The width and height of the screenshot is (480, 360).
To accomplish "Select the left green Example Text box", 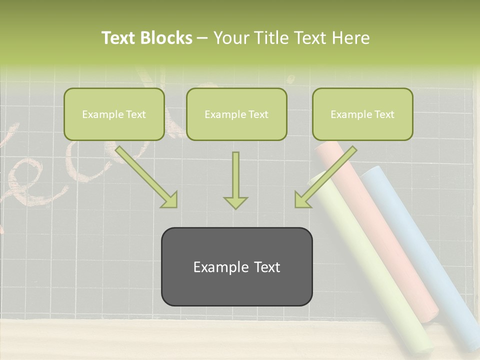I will click(114, 114).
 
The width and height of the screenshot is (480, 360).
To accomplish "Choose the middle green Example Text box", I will click(236, 114).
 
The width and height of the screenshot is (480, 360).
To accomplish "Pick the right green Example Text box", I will click(362, 114).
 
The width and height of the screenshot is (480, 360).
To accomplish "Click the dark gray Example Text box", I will click(236, 266).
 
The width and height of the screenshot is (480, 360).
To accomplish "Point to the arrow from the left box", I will click(146, 176).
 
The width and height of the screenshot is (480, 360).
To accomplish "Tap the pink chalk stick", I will click(380, 230).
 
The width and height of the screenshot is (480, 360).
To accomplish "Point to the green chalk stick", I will click(370, 270).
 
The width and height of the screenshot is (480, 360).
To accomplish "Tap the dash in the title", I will click(202, 38).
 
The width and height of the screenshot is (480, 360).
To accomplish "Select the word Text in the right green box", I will click(384, 114).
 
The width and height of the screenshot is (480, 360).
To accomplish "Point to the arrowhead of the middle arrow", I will click(235, 202).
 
